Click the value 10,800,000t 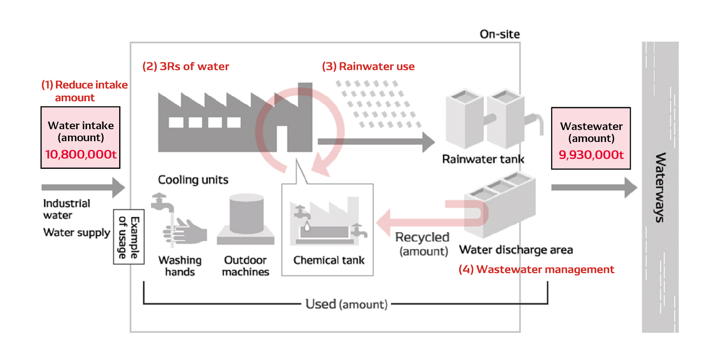click(x=80, y=154)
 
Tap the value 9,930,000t click(x=591, y=155)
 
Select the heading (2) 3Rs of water click(x=186, y=66)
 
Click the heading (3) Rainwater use click(x=368, y=66)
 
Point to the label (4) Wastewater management click(x=536, y=270)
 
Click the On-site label click(x=500, y=34)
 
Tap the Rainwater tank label click(x=483, y=159)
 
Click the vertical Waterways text click(x=660, y=187)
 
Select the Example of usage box click(x=129, y=237)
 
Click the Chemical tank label click(x=329, y=260)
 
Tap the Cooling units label click(x=193, y=180)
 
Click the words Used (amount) click(x=346, y=304)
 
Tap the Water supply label click(x=76, y=233)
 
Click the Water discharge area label click(x=516, y=250)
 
